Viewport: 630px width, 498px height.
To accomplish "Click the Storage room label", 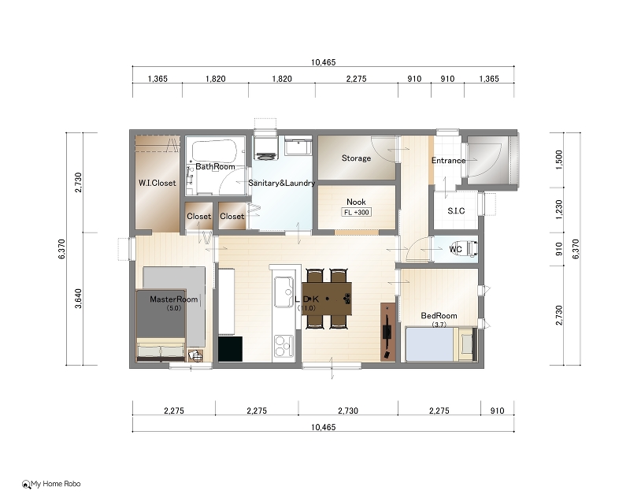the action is (356, 158).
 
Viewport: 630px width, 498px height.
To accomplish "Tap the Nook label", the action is (356, 202).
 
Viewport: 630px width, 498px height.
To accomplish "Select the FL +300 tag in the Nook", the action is (357, 212).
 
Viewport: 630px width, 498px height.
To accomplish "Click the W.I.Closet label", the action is (157, 183).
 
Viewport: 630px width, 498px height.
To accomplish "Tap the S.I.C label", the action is (456, 210).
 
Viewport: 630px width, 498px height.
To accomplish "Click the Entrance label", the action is (448, 161).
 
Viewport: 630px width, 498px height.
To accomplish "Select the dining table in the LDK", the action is (327, 299).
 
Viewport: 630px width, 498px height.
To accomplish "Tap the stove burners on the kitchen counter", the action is (283, 346).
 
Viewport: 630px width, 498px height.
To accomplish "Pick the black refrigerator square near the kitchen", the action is (230, 349).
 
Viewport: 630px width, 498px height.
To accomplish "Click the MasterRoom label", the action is (173, 299).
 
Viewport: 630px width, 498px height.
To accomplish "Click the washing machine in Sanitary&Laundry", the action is (265, 148).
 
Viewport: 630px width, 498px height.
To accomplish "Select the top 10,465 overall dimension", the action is (323, 62).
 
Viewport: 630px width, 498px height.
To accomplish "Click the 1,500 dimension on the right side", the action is (559, 160).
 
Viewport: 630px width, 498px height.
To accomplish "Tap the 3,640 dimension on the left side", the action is (78, 299).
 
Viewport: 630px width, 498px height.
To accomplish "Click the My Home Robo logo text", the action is (56, 484).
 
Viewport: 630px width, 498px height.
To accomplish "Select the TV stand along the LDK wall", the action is (388, 332).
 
